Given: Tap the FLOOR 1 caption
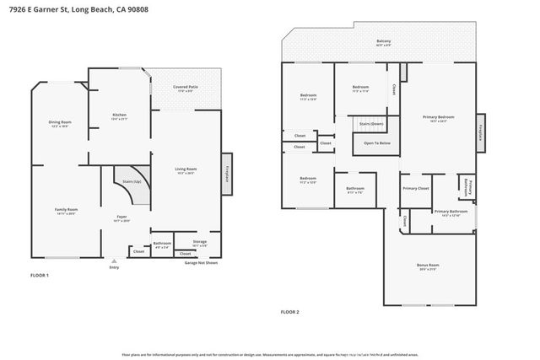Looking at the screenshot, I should pyautogui.click(x=40, y=276).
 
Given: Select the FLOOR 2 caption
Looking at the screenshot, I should pyautogui.click(x=289, y=312).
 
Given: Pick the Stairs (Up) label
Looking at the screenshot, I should pyautogui.click(x=132, y=181).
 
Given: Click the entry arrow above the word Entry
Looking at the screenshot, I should pyautogui.click(x=114, y=261).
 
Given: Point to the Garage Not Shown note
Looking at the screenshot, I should pyautogui.click(x=202, y=262).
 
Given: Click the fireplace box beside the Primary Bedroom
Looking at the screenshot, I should pyautogui.click(x=481, y=132).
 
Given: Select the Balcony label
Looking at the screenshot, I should pyautogui.click(x=383, y=41).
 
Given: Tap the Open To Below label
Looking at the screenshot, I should pyautogui.click(x=376, y=143).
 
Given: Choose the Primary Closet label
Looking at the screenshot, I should pyautogui.click(x=416, y=188).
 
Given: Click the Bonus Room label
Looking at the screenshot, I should pyautogui.click(x=428, y=267).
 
